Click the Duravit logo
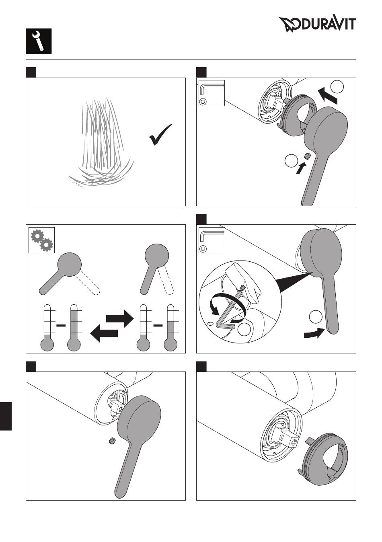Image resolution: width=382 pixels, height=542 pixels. [x=317, y=25]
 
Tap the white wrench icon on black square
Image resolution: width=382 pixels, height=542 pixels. [x=39, y=41]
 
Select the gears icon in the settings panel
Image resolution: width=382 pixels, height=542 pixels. [x=42, y=240]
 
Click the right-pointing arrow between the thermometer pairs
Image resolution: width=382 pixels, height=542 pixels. [x=119, y=318]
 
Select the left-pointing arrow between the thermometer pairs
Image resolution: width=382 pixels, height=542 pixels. [x=104, y=333]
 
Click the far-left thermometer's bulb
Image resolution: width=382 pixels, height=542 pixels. [x=47, y=345]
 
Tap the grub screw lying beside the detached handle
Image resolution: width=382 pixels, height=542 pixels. [x=112, y=441]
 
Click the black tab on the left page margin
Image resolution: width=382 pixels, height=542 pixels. [x=6, y=416]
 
